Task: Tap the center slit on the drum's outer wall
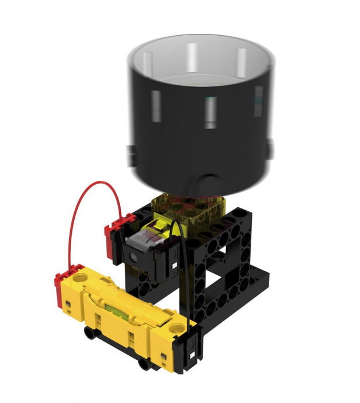(211, 113)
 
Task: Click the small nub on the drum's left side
(131, 154)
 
